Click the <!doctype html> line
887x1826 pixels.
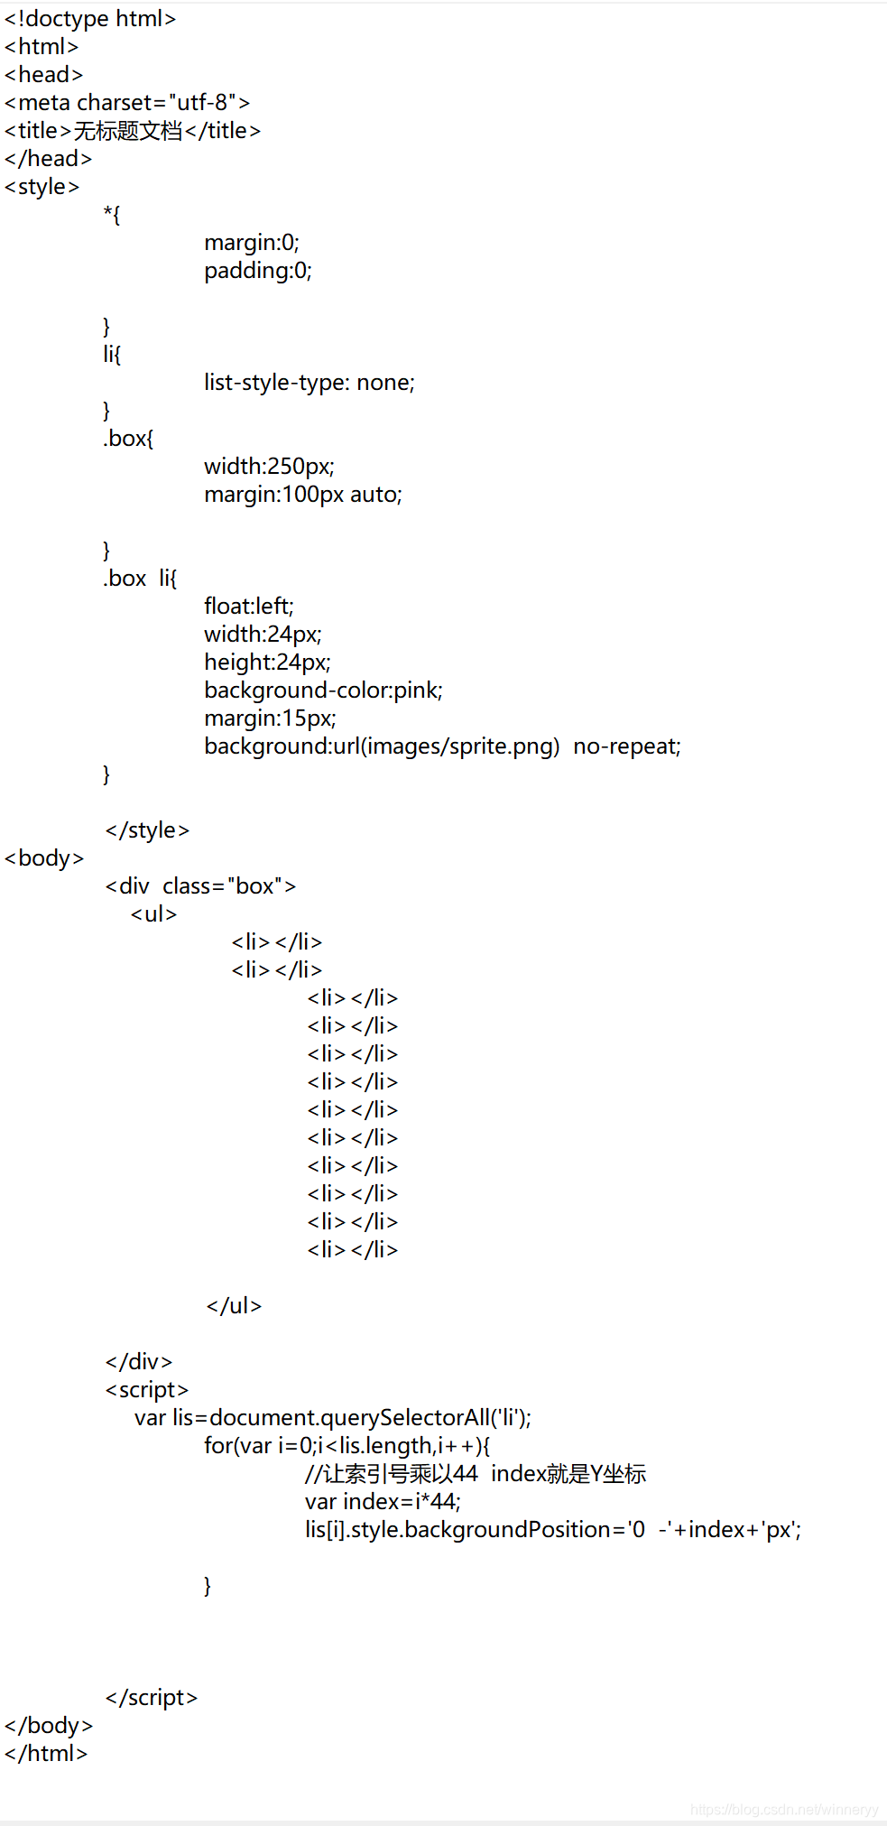[x=90, y=19]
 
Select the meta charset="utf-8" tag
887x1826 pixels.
[x=127, y=103]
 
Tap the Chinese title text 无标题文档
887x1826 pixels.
[x=128, y=131]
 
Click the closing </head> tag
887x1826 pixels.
[x=49, y=159]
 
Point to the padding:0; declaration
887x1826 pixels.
[x=258, y=271]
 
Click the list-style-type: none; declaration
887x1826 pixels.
[x=310, y=383]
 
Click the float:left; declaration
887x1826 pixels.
[x=249, y=606]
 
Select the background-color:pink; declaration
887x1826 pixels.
[x=323, y=691]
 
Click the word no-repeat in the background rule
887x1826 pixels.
[x=626, y=746]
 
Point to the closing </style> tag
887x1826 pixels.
[x=147, y=830]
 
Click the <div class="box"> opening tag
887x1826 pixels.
[x=200, y=886]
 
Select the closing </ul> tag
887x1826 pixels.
[x=234, y=1306]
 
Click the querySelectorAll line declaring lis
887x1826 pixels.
[x=333, y=1418]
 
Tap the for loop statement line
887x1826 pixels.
[x=346, y=1446]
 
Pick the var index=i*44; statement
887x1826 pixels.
[x=383, y=1502]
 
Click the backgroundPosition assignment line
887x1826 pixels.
[x=552, y=1530]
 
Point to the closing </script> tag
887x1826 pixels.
[x=152, y=1698]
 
